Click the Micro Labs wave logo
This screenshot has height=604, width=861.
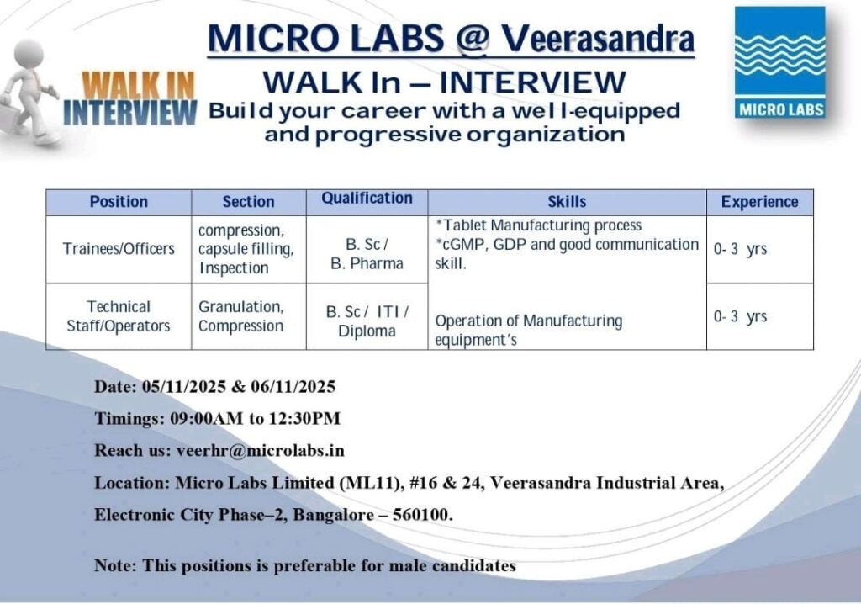pyautogui.click(x=779, y=62)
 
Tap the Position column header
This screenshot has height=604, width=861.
pyautogui.click(x=119, y=202)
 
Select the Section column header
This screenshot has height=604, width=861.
pyautogui.click(x=248, y=202)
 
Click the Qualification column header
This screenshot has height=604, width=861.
pyautogui.click(x=367, y=199)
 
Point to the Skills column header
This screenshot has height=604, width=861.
pyautogui.click(x=567, y=202)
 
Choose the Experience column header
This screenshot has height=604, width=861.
pyautogui.click(x=759, y=202)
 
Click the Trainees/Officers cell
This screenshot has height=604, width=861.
pyautogui.click(x=119, y=249)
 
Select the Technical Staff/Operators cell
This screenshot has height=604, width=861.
pyautogui.click(x=119, y=316)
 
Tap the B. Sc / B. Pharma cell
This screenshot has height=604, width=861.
pyautogui.click(x=367, y=253)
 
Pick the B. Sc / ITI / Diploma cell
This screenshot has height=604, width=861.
pyautogui.click(x=367, y=321)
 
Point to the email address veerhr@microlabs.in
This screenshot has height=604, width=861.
pyautogui.click(x=261, y=451)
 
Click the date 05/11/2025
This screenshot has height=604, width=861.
pyautogui.click(x=184, y=386)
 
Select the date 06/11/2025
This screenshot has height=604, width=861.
pyautogui.click(x=293, y=386)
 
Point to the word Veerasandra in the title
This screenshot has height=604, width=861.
pyautogui.click(x=598, y=39)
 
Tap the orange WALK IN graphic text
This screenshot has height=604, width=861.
pyautogui.click(x=139, y=85)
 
